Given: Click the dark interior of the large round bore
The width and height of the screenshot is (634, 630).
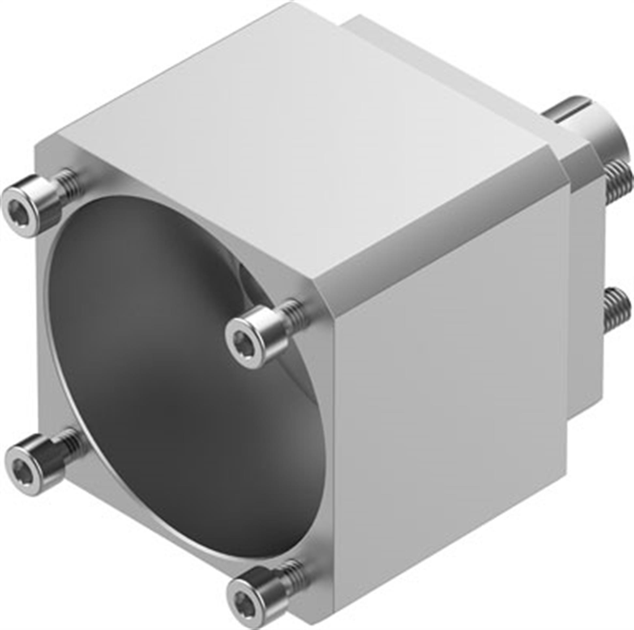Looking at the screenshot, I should click(158, 328).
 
